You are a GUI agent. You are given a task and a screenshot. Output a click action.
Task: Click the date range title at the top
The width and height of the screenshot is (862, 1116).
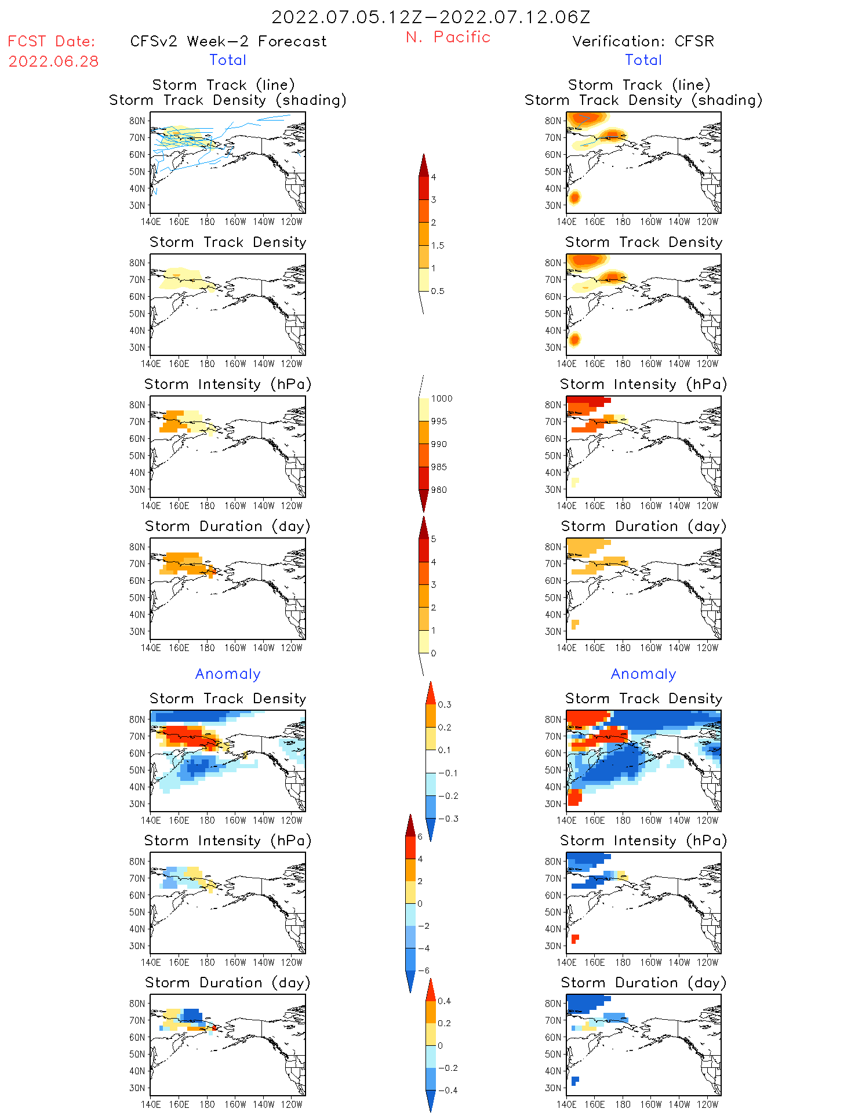tap(431, 17)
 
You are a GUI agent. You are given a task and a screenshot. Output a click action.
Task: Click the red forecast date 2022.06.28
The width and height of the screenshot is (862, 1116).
tap(53, 61)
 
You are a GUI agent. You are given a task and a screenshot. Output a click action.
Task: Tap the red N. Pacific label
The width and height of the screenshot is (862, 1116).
tap(448, 37)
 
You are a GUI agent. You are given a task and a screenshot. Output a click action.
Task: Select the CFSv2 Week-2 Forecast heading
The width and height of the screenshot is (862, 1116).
tap(228, 41)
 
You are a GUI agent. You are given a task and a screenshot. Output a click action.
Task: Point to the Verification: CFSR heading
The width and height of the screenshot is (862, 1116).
tap(643, 41)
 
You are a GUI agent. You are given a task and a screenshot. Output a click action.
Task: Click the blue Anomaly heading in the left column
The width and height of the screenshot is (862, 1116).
tap(228, 674)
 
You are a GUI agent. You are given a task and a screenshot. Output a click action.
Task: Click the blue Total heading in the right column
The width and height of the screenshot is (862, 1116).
tap(643, 60)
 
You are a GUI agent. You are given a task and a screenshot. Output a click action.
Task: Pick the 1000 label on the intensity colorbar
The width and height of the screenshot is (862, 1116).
tap(441, 398)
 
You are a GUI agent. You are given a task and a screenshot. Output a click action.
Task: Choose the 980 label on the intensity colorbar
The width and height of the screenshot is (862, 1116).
tap(439, 490)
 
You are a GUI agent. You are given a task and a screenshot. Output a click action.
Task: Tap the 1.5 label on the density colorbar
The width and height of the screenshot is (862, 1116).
tap(438, 245)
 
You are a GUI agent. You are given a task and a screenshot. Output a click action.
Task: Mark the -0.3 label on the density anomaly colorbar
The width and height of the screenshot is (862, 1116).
tap(448, 819)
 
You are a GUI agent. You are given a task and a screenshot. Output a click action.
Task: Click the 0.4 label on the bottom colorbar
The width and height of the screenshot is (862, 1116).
tap(444, 1001)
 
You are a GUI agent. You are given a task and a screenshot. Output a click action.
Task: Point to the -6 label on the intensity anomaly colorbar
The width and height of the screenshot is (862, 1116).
tap(424, 970)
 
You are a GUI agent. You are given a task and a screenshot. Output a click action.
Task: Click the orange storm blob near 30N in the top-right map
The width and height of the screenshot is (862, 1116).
tap(574, 198)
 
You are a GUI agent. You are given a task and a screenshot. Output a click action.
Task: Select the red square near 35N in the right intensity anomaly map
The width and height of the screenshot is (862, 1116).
tap(575, 939)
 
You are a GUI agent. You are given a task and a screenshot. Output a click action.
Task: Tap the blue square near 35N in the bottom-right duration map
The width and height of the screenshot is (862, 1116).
tap(575, 1081)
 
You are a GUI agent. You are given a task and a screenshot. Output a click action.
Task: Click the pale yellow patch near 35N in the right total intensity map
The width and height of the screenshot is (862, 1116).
tap(574, 482)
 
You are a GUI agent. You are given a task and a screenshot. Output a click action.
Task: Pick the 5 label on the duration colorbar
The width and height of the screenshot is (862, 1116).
tap(434, 539)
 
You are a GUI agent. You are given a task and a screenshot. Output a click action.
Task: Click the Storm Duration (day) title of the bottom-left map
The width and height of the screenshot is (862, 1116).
tap(228, 983)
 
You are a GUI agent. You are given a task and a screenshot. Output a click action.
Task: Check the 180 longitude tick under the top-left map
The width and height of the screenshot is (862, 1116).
tap(207, 221)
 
